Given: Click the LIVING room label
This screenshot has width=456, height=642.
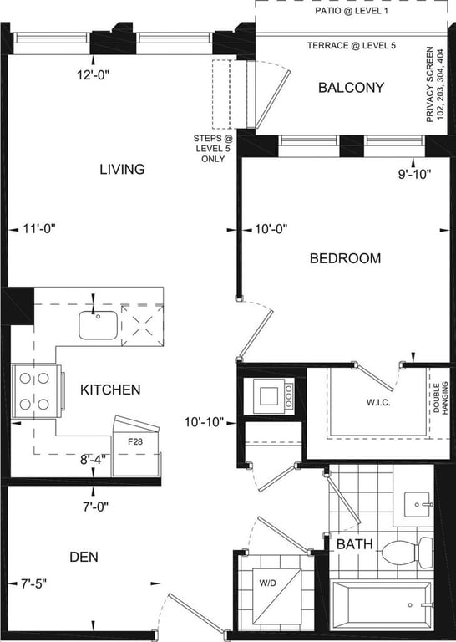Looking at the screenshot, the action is (122, 169).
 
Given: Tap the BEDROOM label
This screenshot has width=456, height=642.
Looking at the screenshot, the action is (345, 258).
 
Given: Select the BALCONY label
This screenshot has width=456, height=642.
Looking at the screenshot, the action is (352, 88).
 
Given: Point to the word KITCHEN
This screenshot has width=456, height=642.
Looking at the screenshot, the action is (110, 390).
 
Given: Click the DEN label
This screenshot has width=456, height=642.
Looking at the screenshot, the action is (84, 557).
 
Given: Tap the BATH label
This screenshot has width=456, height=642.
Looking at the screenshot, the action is (355, 544).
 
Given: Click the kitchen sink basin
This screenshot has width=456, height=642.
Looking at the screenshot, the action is (99, 325).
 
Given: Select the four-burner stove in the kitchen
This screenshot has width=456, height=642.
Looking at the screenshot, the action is (38, 391).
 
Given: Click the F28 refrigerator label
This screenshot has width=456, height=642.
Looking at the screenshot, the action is (135, 441).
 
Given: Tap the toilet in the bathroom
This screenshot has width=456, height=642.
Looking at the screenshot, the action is (407, 553).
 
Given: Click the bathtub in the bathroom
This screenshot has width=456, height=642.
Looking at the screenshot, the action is (382, 605).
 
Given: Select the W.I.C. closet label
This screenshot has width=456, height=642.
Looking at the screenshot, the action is (378, 402).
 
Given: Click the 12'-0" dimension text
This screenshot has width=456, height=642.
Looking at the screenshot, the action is (94, 75).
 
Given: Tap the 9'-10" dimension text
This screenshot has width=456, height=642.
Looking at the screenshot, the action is (415, 175).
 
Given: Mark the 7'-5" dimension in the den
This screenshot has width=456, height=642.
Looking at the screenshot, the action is (34, 583).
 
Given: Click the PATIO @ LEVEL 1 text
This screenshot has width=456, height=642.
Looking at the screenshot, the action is (352, 11).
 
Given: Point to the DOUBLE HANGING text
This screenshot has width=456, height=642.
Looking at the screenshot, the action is (440, 398).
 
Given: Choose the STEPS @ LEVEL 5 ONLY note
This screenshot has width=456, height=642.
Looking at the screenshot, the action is (213, 149).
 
